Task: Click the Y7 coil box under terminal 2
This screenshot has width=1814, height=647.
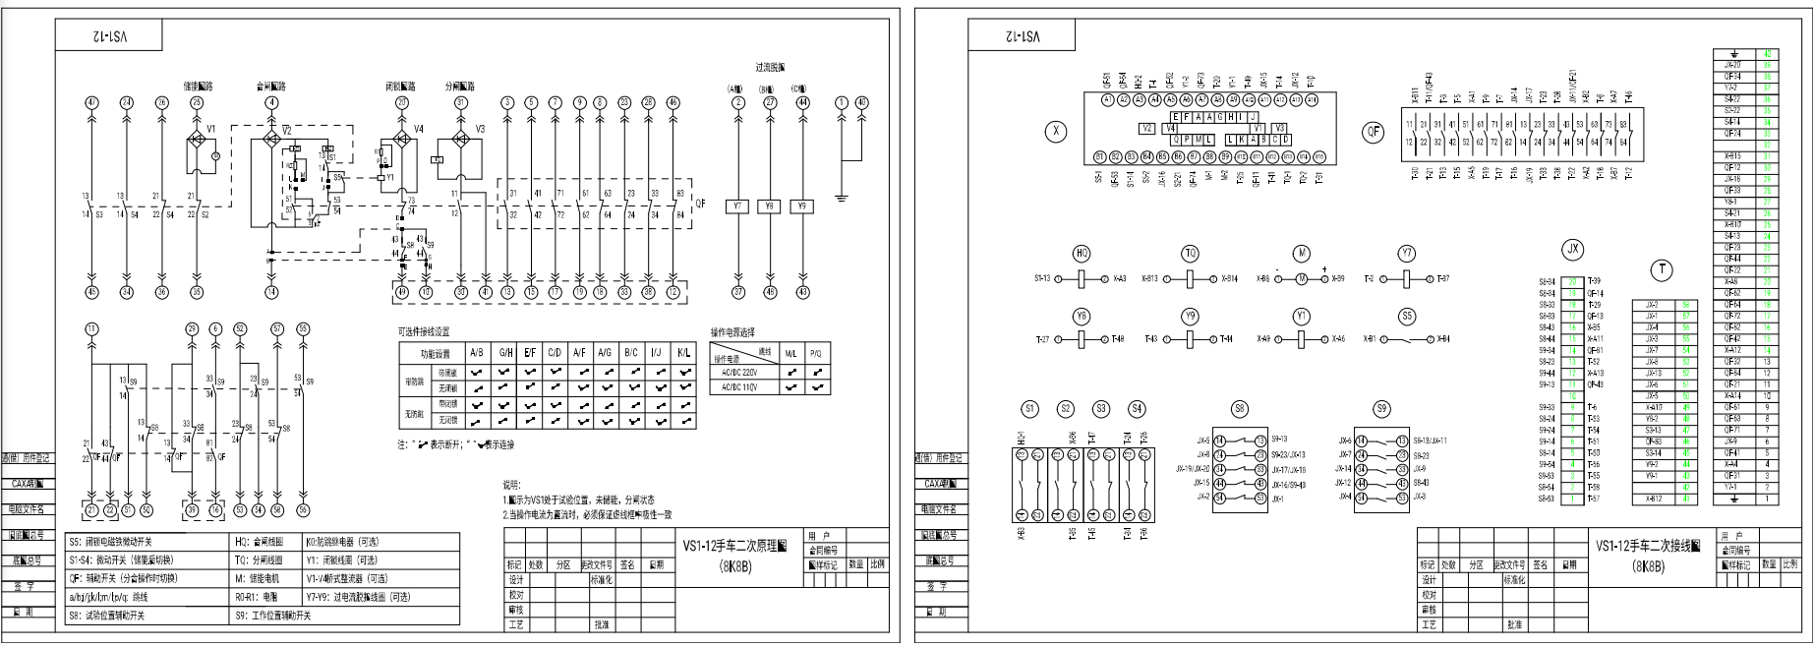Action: tap(738, 206)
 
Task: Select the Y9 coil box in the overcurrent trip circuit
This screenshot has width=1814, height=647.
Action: tap(802, 206)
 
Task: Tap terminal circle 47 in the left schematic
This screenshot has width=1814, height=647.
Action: tap(92, 102)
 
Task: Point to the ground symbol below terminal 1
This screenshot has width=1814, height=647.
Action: tap(842, 199)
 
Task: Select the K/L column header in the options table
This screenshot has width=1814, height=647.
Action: tap(683, 352)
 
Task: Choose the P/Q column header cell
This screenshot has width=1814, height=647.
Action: tap(815, 352)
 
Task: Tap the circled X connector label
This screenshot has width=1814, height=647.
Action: tap(1055, 133)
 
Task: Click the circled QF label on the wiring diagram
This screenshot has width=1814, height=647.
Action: tap(1374, 133)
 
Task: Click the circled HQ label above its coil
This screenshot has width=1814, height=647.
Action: tap(1082, 253)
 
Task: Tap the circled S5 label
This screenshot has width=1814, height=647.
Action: tap(1408, 317)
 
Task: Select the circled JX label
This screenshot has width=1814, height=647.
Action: tap(1573, 250)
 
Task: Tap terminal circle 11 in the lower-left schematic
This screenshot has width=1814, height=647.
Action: tap(92, 328)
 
